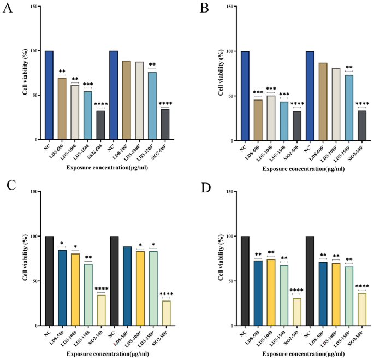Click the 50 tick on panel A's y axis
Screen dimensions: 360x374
click(34, 95)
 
